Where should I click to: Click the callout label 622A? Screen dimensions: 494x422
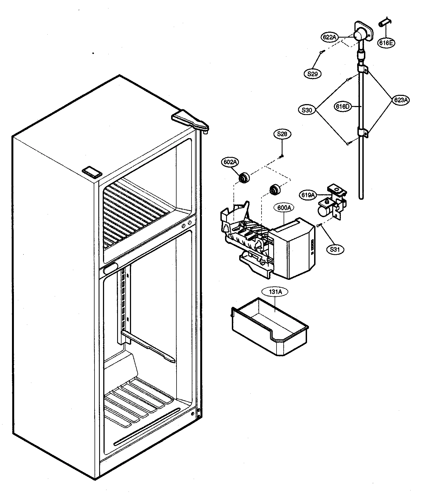pos(329,37)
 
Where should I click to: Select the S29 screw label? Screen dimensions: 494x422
pos(312,74)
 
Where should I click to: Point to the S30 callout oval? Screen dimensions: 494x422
pos(307,110)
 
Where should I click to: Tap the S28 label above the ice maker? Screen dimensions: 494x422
pos(282,134)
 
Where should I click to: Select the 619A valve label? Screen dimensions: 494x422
pos(308,195)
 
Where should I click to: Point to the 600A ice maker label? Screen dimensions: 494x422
pos(284,208)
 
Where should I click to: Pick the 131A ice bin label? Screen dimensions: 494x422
pos(275,292)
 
